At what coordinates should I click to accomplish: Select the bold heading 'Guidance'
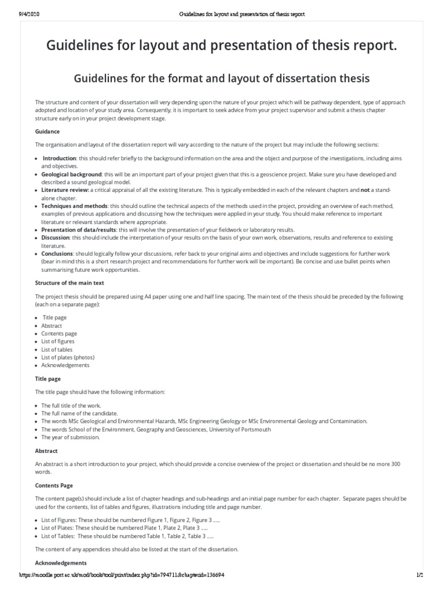tap(47, 131)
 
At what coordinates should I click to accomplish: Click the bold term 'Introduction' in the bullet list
tap(60, 158)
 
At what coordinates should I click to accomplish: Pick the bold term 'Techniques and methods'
tap(74, 206)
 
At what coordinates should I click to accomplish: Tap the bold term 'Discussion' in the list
tap(55, 237)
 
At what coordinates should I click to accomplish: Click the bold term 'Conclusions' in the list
tap(57, 254)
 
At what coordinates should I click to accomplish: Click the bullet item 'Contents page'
tap(59, 334)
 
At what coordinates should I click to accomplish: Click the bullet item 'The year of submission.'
tap(70, 437)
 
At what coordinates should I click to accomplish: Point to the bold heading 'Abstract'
tap(46, 451)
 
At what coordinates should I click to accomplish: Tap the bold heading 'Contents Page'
tap(54, 486)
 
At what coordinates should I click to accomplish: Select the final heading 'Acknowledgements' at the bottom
tap(61, 562)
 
